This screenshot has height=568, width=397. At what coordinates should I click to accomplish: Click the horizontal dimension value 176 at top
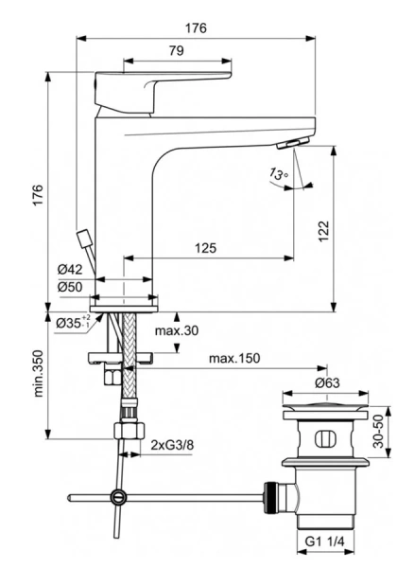coord(196,28)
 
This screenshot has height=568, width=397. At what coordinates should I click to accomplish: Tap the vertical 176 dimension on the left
coord(38,193)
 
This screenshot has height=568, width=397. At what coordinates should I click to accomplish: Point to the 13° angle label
coord(276,173)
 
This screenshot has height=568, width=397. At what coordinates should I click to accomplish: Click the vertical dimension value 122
coord(323,228)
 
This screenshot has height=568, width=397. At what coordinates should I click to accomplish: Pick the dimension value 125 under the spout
coord(205,248)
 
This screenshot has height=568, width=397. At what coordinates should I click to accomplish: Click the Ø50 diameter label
coord(71,287)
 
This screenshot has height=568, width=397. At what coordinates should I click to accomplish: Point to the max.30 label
coord(176,330)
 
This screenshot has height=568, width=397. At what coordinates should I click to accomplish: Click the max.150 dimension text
coord(234,360)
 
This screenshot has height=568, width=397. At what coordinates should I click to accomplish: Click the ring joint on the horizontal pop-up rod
coord(117,495)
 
